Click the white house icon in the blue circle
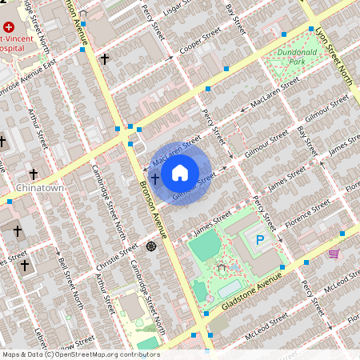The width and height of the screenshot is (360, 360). pos(181,172)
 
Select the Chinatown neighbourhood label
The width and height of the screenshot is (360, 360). pos(39,188)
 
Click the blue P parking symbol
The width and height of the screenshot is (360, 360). pos(258,239)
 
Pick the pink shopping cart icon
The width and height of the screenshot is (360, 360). pos(334,253)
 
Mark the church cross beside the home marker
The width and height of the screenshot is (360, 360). pos(155,178)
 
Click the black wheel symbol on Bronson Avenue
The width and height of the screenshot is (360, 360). pos(151,246)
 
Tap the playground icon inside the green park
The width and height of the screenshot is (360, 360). pos(221,270)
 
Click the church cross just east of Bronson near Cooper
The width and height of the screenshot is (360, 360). pos(104,58)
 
